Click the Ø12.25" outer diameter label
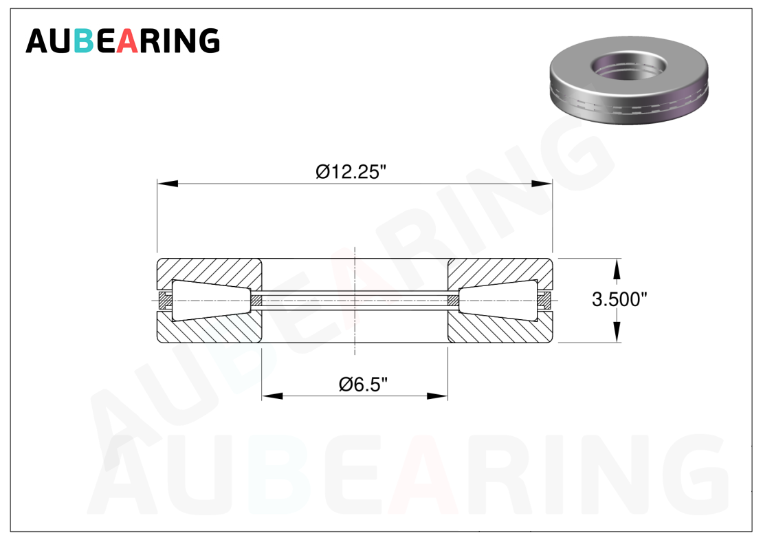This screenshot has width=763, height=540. pyautogui.click(x=351, y=171)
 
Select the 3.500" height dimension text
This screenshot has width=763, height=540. pyautogui.click(x=619, y=299)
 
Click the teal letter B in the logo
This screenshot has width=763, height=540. pyautogui.click(x=83, y=41)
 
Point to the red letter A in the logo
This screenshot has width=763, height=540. pyautogui.click(x=127, y=41)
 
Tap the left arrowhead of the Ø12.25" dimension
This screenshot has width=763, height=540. pyautogui.click(x=168, y=184)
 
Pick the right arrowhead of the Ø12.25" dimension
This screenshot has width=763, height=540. pyautogui.click(x=542, y=184)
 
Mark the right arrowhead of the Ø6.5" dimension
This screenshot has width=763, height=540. pyautogui.click(x=437, y=396)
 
